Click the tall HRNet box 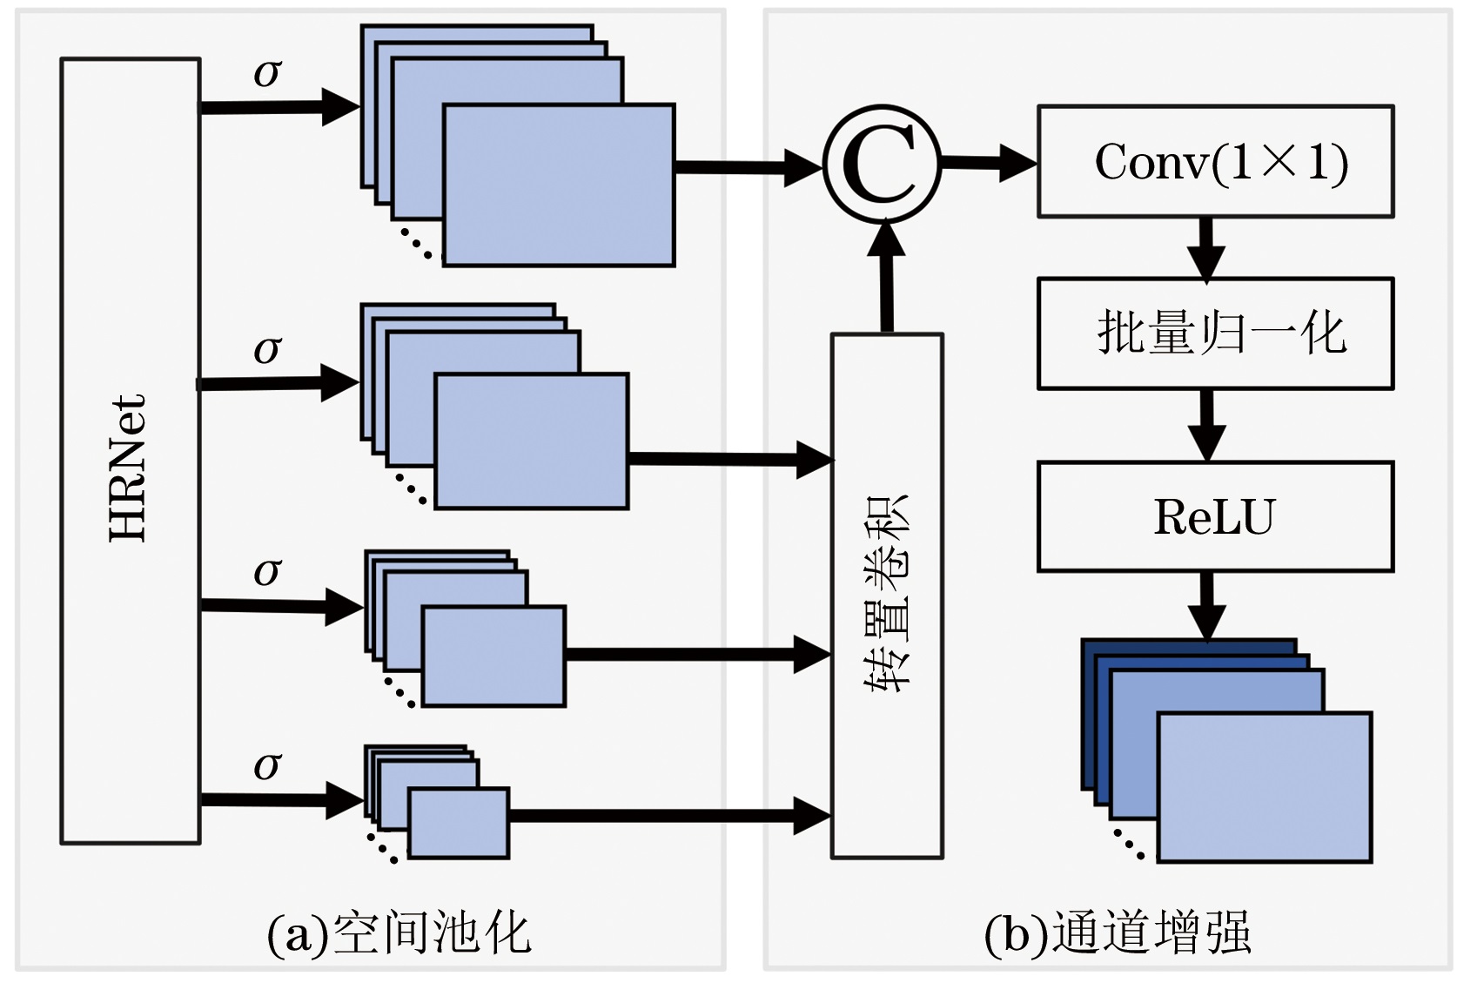click(131, 451)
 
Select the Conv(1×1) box click(1215, 162)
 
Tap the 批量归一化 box click(1215, 333)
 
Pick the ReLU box click(1215, 516)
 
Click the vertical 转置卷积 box click(887, 596)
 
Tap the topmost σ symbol click(267, 73)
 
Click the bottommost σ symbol click(267, 766)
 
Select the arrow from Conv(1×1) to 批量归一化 click(1206, 247)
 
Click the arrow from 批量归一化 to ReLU click(1206, 425)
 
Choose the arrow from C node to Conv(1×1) click(989, 162)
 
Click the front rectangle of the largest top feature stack click(559, 185)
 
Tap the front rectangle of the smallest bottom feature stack click(459, 823)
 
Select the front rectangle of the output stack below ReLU click(1265, 787)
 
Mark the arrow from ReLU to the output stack click(1206, 605)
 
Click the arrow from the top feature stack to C click(747, 166)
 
